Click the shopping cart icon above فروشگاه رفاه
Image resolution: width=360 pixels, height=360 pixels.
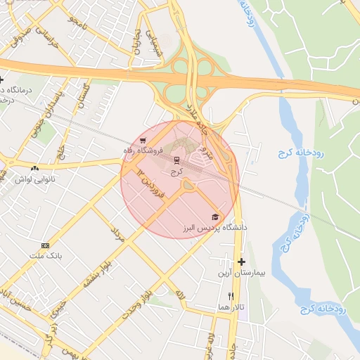tap(143, 139)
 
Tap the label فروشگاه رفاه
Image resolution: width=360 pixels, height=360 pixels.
tap(143, 150)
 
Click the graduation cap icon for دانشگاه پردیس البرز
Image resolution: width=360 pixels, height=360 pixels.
tap(215, 217)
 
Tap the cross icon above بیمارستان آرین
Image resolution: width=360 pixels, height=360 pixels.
tap(241, 262)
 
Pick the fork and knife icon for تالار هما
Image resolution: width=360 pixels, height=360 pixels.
tap(231, 296)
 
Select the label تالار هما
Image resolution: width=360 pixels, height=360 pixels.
tap(230, 308)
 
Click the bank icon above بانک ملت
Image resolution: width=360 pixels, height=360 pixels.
tap(46, 245)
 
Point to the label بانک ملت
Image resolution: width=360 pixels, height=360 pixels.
tap(46, 257)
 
